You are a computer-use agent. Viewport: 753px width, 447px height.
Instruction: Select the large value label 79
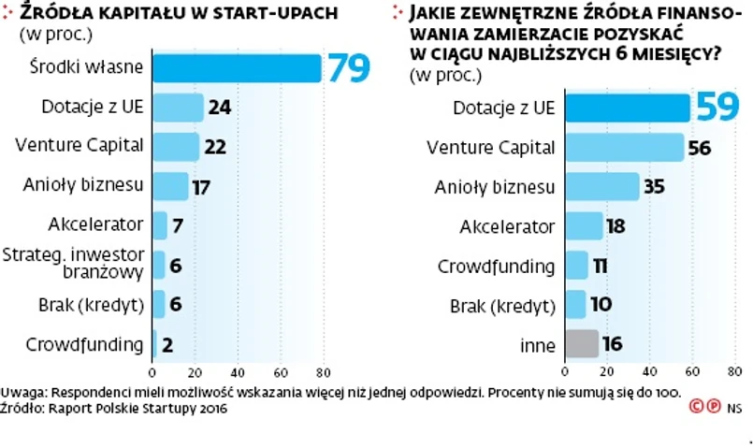(348, 67)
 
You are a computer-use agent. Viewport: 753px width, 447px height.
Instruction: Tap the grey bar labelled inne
(581, 344)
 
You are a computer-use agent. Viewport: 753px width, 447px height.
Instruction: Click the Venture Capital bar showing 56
(624, 147)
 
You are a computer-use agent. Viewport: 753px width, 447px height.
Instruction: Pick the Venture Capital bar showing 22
(175, 146)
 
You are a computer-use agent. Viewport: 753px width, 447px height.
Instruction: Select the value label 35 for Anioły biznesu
(654, 187)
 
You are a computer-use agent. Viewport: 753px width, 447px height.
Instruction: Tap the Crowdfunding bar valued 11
(576, 266)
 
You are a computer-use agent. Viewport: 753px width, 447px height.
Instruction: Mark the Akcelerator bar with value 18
(584, 226)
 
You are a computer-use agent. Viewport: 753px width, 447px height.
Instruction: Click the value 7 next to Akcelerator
(176, 225)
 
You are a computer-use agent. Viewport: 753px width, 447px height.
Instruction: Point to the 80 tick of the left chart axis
(324, 368)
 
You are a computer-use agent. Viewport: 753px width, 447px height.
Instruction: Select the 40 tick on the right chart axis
(649, 369)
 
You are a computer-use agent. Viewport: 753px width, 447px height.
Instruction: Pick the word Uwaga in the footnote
(21, 391)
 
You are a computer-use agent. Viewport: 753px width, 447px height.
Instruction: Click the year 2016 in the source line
(211, 408)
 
